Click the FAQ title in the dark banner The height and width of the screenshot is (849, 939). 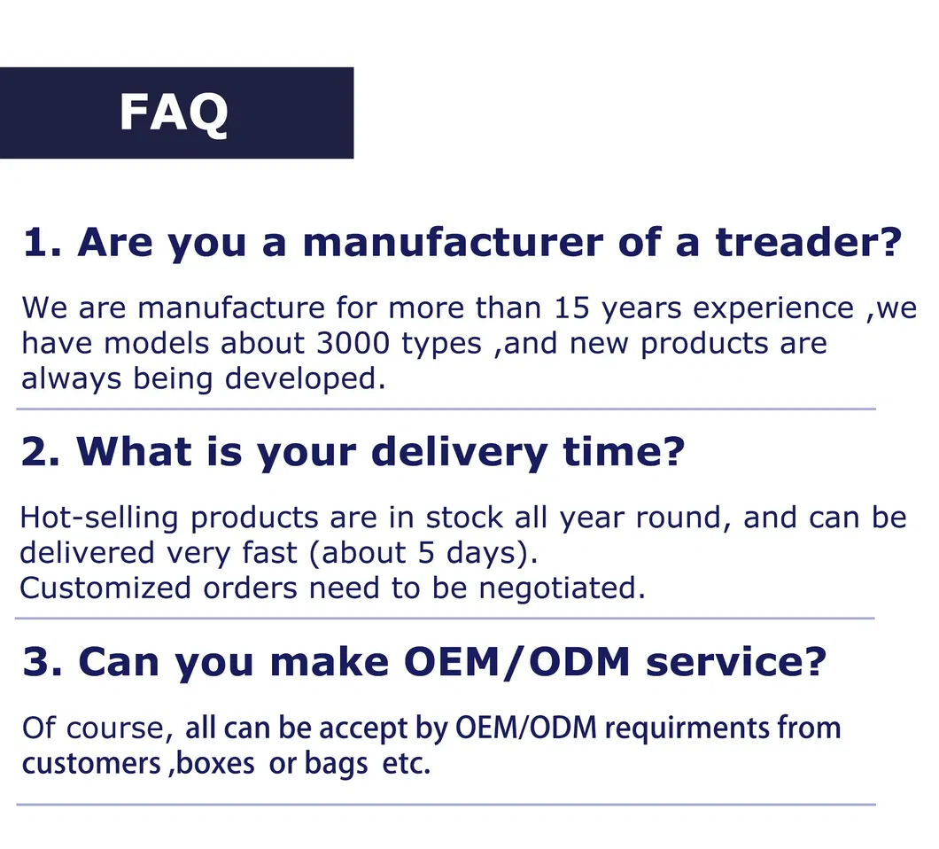coord(174,113)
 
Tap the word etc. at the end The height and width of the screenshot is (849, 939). coord(406,764)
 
